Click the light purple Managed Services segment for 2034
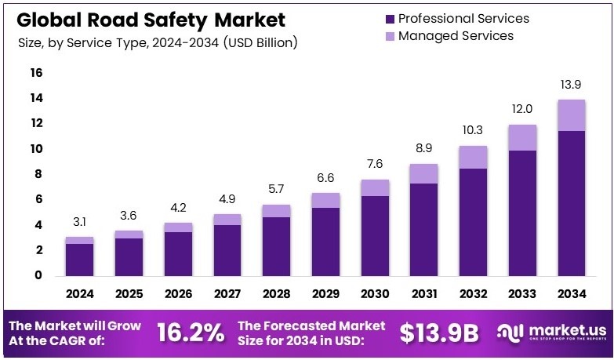[x=572, y=115]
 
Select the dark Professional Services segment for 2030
[x=374, y=235]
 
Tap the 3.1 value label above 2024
[x=79, y=222]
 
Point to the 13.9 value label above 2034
[x=572, y=85]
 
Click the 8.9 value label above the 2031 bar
[x=423, y=149]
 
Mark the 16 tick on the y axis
[x=36, y=73]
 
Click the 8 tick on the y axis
[x=36, y=174]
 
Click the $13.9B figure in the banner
[x=438, y=333]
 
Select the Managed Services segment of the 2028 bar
[x=276, y=210]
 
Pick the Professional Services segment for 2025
[x=129, y=256]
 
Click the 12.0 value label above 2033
[x=522, y=109]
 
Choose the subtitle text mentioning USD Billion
[x=158, y=43]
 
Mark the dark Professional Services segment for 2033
[x=522, y=213]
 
